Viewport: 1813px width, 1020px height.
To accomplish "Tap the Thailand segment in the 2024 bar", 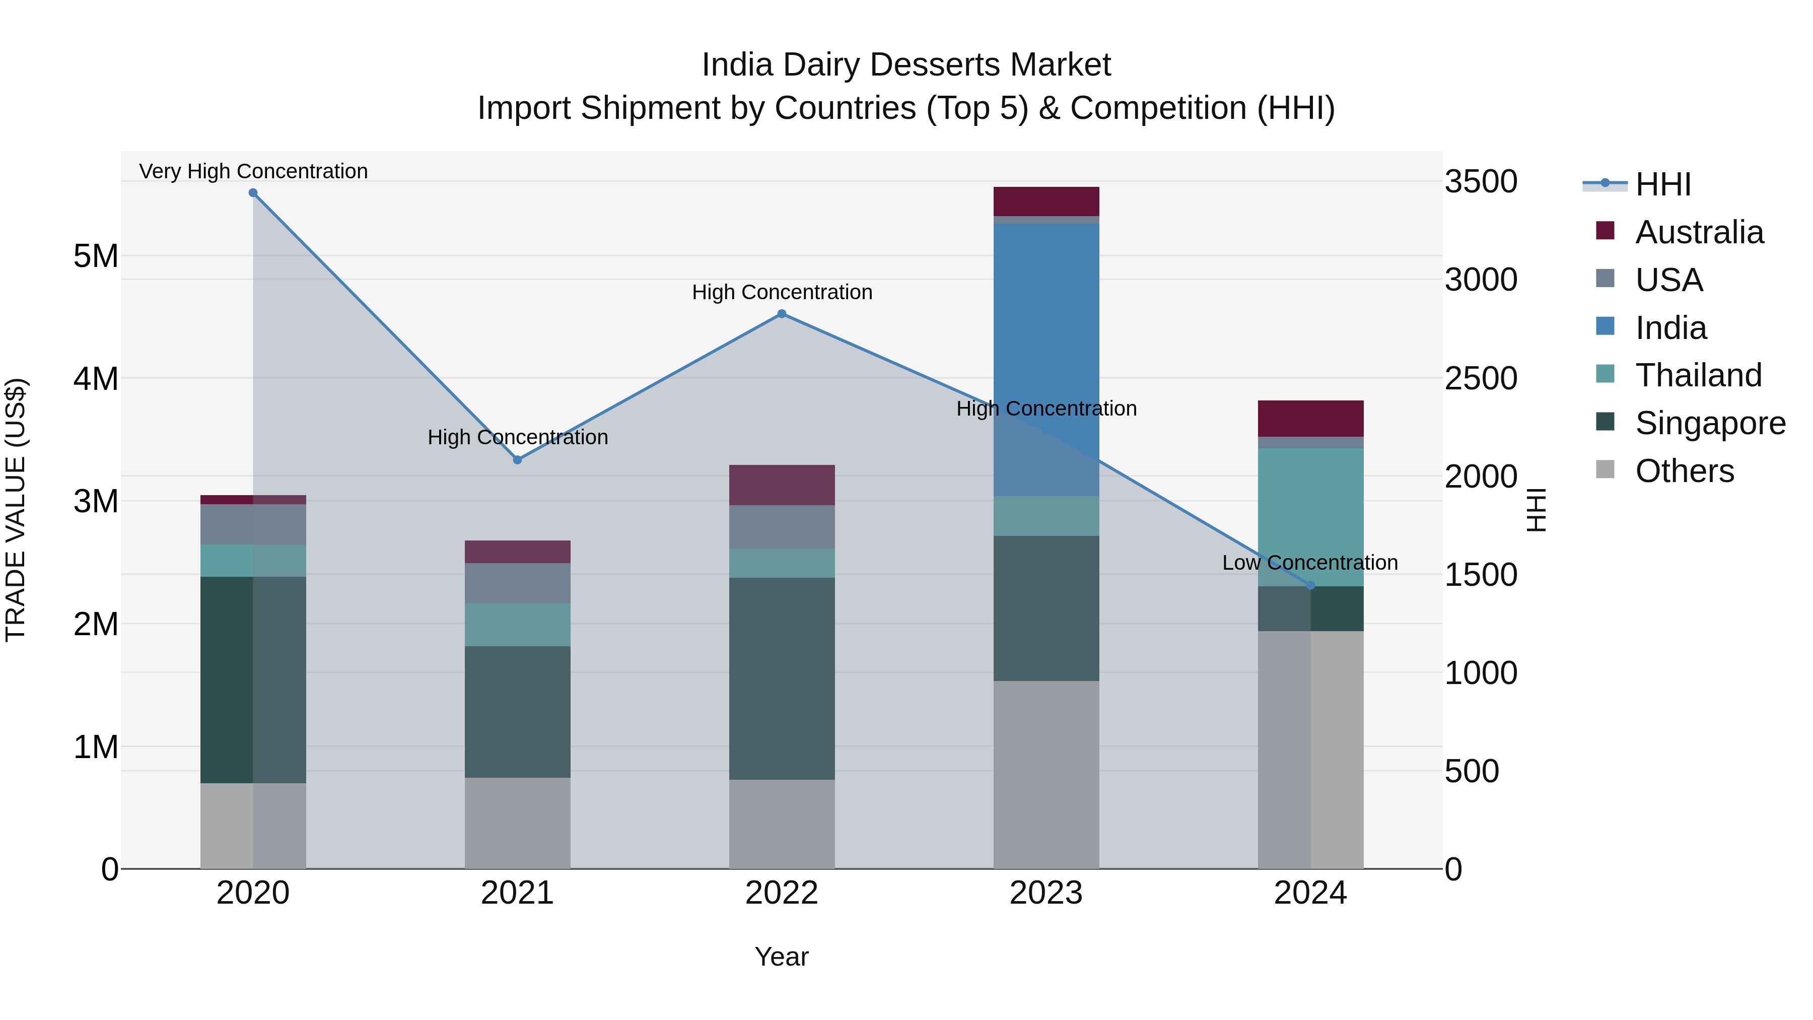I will pos(1310,517).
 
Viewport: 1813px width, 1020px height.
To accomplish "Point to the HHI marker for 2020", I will pos(253,193).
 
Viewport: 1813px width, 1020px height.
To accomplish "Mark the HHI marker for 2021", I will pos(517,460).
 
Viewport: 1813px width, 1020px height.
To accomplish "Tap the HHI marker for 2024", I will pos(1310,585).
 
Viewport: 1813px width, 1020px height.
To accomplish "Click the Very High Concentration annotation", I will pos(253,172).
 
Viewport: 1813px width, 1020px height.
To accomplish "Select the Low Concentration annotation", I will pos(1310,563).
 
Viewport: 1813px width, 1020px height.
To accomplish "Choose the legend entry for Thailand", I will pos(1698,375).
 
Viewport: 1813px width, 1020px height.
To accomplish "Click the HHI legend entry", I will pos(1662,184).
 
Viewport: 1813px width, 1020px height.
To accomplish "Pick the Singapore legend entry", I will pos(1710,423).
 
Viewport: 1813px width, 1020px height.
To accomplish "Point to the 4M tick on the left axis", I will pos(96,379).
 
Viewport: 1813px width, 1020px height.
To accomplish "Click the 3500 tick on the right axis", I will pos(1481,182).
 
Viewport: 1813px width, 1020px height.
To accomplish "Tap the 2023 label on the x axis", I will pos(1046,893).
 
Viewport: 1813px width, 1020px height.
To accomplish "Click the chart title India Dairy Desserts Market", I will pos(906,65).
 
